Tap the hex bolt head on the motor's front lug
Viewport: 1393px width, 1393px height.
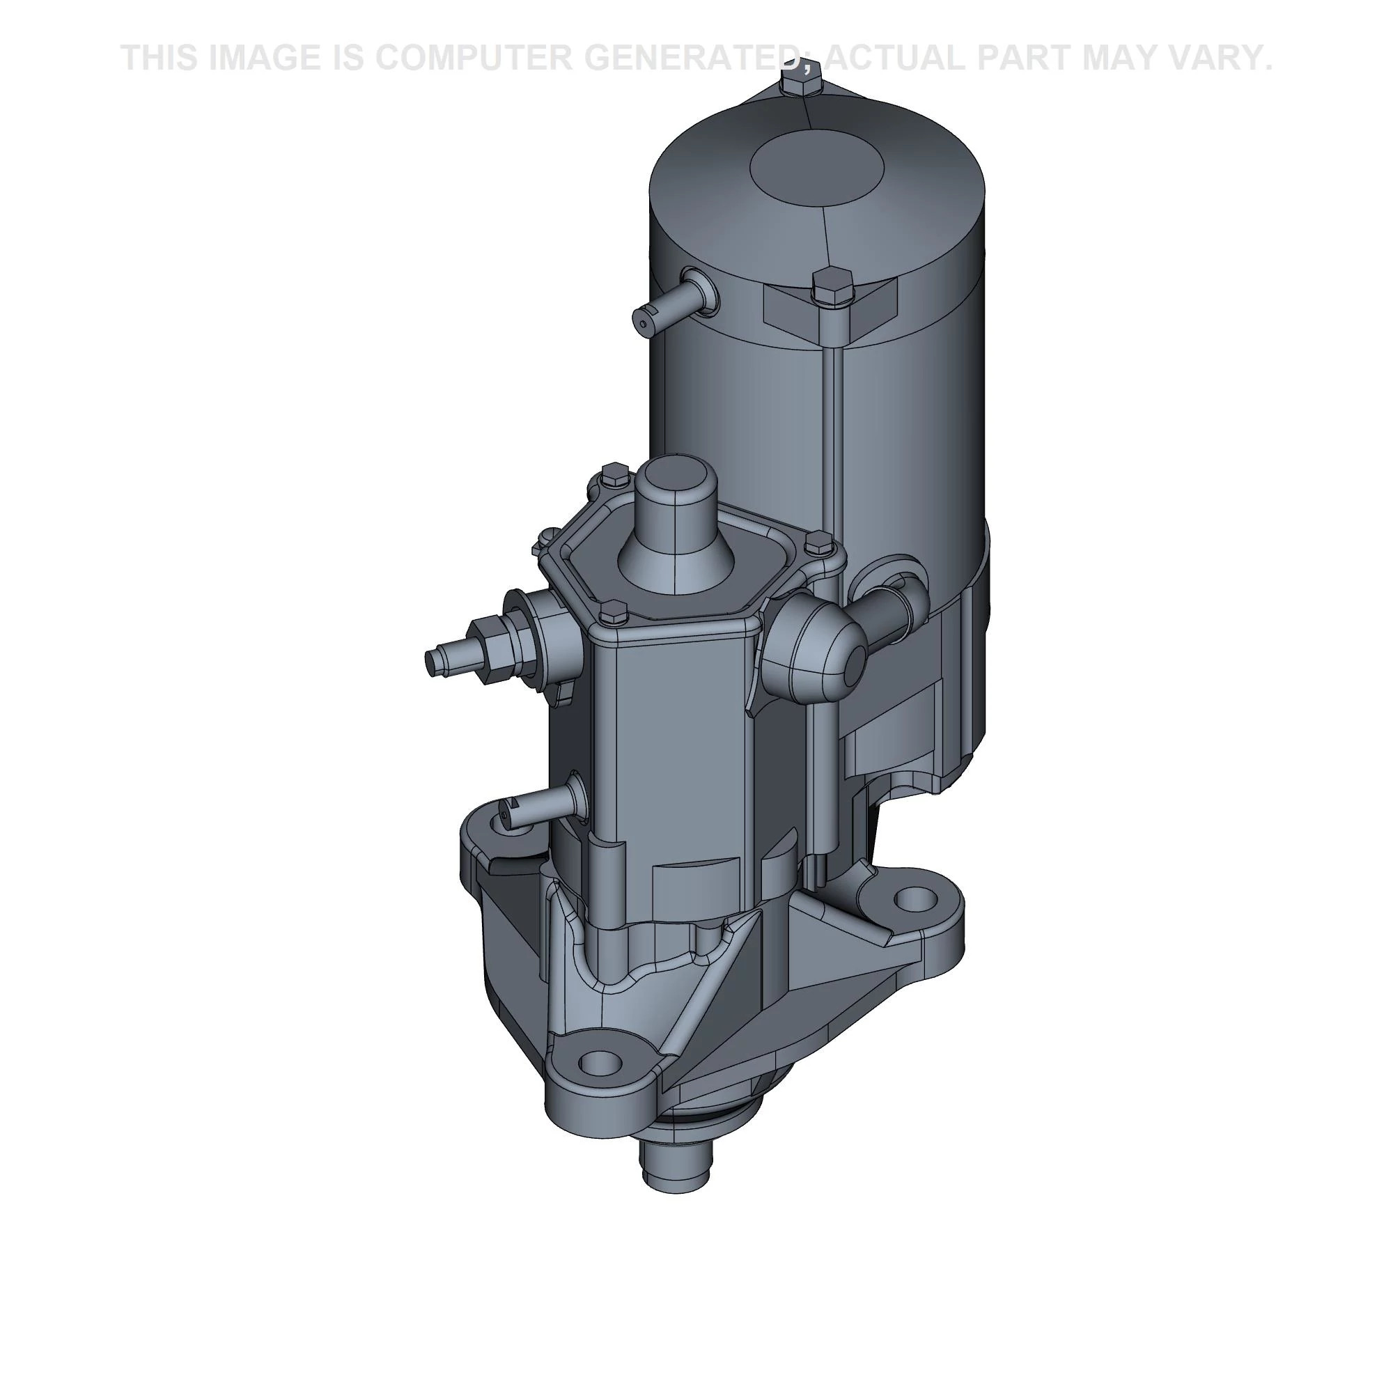click(x=832, y=286)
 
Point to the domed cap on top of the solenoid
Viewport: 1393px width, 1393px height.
click(x=676, y=527)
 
